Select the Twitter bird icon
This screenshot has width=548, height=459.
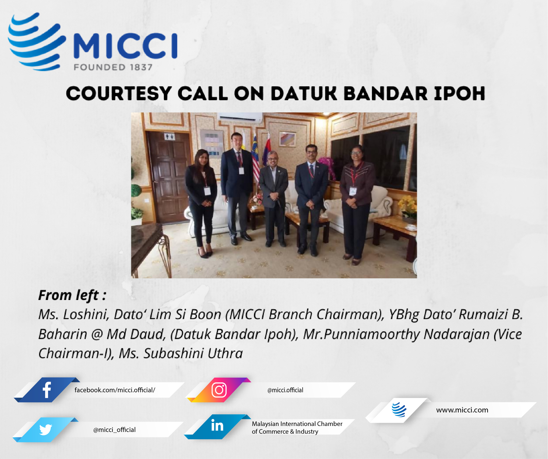pos(46,430)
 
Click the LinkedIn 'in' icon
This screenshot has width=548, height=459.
pos(217,426)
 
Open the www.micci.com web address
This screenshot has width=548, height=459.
pos(462,410)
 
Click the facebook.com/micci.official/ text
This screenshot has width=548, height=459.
pos(115,390)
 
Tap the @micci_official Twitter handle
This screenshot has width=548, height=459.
pos(114,430)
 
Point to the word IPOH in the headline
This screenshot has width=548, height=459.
pos(459,94)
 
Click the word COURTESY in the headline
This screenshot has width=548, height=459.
pos(119,94)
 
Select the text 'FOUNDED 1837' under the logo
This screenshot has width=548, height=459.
pos(113,67)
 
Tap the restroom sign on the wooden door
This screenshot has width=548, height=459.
pos(170,136)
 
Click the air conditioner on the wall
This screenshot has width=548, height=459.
pos(240,117)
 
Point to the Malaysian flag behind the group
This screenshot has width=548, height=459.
pos(255,159)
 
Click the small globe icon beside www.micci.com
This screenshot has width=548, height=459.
pos(399,410)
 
